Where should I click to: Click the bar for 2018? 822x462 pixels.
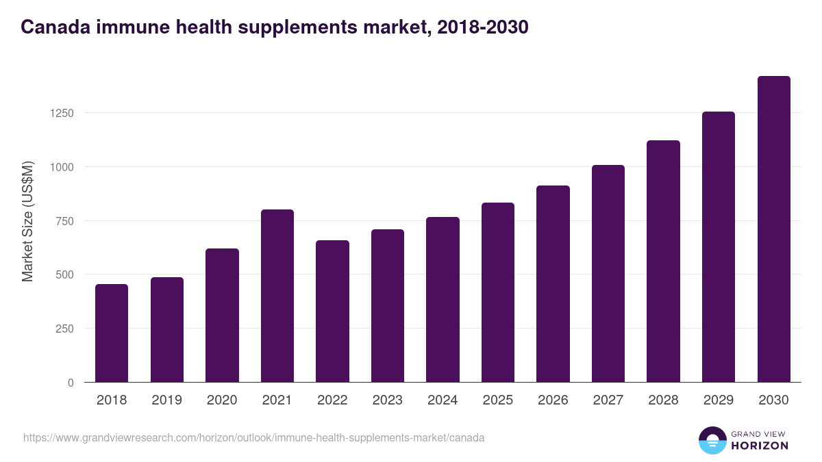[112, 333]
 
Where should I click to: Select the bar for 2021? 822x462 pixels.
[277, 296]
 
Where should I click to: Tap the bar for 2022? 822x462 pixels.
[332, 311]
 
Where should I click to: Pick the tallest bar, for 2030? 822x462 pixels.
[774, 229]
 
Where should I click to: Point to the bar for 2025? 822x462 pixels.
[498, 292]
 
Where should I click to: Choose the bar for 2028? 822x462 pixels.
[663, 261]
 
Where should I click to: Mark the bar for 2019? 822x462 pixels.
[167, 330]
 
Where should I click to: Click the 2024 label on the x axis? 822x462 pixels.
[443, 400]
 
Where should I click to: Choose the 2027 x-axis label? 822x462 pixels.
[608, 400]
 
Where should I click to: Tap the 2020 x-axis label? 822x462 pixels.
[222, 400]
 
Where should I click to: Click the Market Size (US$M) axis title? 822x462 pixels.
[27, 221]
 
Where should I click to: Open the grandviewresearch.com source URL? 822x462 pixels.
[254, 437]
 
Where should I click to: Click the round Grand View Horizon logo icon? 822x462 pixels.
[712, 440]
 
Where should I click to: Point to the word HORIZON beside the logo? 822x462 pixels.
[760, 446]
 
